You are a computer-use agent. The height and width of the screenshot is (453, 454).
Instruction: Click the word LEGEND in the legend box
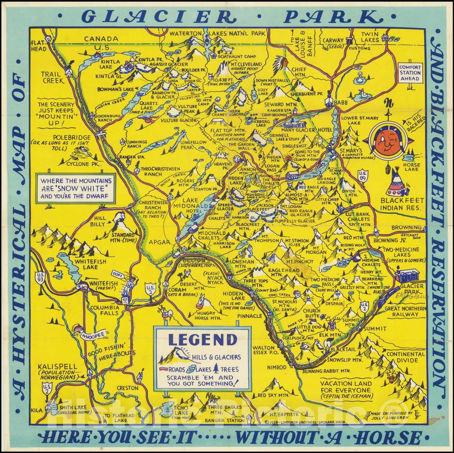click(203, 339)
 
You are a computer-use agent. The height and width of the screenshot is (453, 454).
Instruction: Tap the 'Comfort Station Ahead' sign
click(409, 73)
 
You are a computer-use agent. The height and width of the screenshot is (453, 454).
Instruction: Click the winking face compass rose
click(387, 141)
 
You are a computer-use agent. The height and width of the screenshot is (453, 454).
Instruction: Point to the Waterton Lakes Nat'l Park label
click(217, 33)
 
